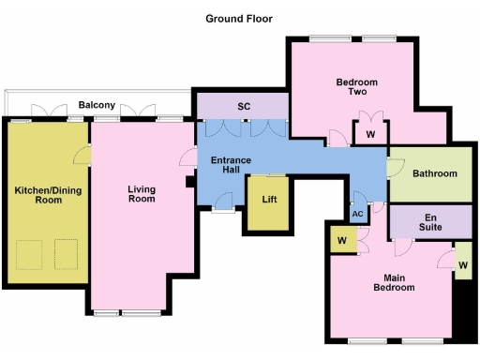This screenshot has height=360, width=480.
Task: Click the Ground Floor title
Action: [x=239, y=17]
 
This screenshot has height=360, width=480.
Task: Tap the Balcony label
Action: [x=97, y=104]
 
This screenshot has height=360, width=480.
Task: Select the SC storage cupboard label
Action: [x=244, y=106]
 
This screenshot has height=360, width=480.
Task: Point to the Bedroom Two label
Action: [x=356, y=87]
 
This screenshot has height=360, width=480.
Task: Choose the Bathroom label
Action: [x=435, y=173]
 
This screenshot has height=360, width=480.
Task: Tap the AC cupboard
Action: [x=357, y=213]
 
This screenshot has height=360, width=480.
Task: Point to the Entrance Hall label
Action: [x=232, y=164]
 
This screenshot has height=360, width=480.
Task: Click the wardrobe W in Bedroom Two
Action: [x=371, y=135]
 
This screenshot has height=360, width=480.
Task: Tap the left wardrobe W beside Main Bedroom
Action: [x=338, y=239]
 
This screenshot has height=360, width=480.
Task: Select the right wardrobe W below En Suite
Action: [x=462, y=265]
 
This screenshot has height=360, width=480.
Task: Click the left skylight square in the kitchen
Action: [x=30, y=252]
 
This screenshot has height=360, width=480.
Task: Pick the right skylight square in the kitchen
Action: [x=65, y=252]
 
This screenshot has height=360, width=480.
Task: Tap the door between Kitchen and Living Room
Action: [x=82, y=156]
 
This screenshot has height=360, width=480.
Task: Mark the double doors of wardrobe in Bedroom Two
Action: [x=371, y=118]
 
